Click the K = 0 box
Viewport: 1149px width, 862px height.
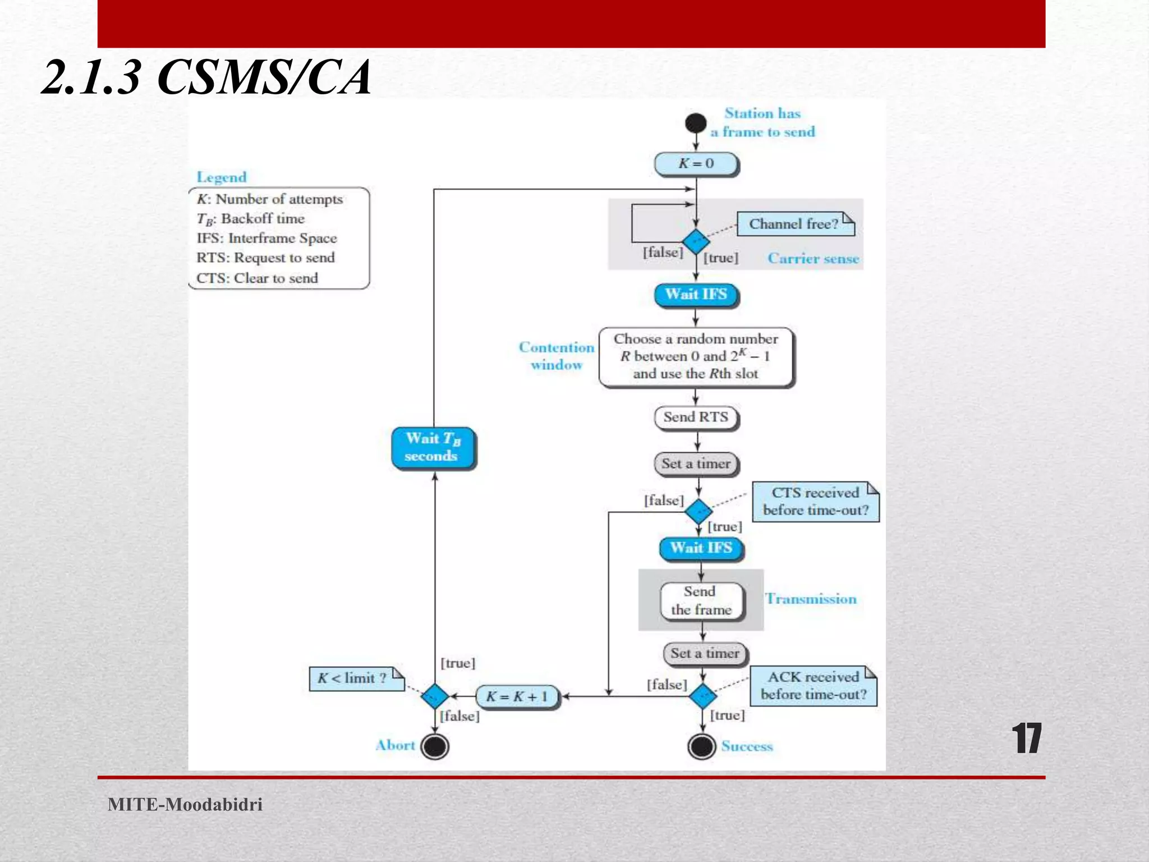click(696, 163)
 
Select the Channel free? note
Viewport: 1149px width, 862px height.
click(795, 224)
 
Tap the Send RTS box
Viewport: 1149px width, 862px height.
click(696, 417)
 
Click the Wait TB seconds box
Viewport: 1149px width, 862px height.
click(433, 447)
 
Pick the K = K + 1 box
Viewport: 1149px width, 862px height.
click(517, 696)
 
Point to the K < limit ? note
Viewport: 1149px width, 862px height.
click(356, 678)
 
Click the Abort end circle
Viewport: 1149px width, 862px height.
click(435, 746)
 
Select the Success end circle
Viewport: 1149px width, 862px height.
click(701, 746)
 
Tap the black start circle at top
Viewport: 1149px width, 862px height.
click(696, 123)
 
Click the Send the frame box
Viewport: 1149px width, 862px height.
click(701, 600)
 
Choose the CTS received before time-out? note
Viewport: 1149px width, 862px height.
click(815, 501)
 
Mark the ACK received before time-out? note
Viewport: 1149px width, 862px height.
click(813, 685)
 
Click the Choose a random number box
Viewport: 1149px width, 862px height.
click(696, 356)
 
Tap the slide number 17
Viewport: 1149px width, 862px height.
click(1026, 739)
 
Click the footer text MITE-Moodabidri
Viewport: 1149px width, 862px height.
click(185, 804)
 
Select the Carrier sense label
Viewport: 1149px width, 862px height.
click(813, 258)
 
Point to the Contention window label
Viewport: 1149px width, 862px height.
click(556, 356)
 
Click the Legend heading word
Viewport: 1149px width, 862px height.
click(222, 177)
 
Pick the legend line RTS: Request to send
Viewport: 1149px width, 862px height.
click(265, 258)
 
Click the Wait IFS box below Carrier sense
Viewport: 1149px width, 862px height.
click(696, 295)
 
